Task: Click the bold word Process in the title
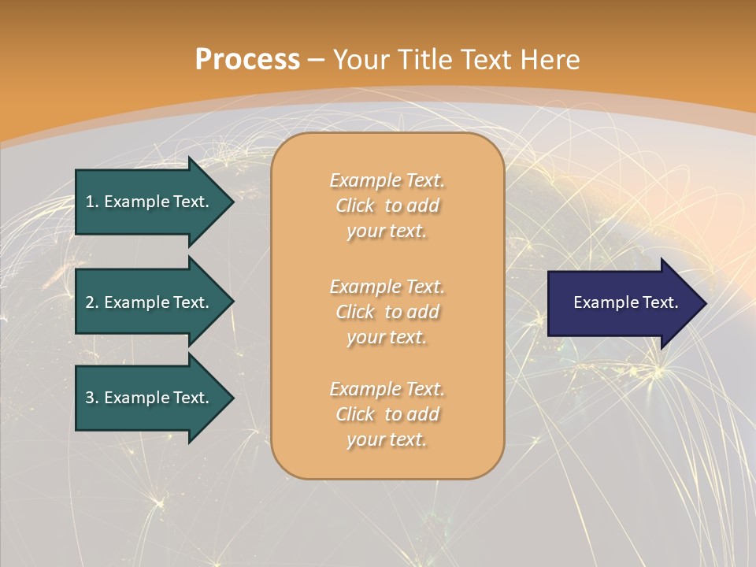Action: click(x=247, y=60)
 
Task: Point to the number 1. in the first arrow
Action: click(x=92, y=202)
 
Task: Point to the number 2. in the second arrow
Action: click(x=92, y=302)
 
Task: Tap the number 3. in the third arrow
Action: click(x=92, y=398)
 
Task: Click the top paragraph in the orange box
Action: click(x=387, y=206)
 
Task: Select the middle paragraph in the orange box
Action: click(x=387, y=312)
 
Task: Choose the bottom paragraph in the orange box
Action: click(x=387, y=414)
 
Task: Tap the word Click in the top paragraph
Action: click(x=355, y=206)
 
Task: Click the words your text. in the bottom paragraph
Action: click(x=387, y=439)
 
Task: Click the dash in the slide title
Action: click(x=317, y=60)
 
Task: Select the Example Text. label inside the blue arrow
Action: click(x=625, y=302)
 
